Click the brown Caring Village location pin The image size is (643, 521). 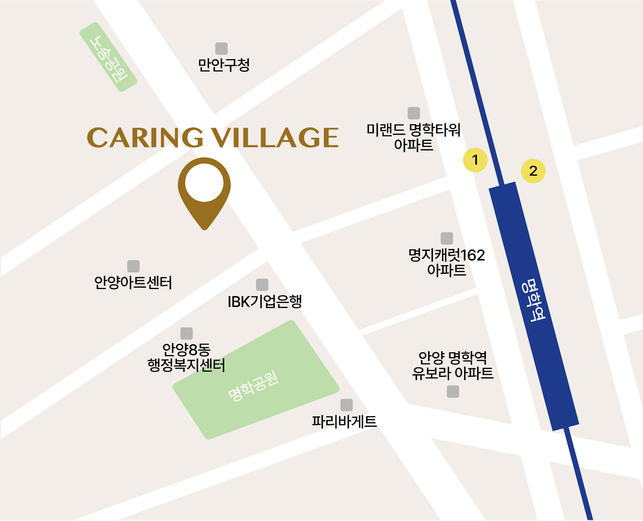(x=204, y=189)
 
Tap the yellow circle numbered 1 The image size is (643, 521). (x=475, y=160)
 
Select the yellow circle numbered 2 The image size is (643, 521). (x=533, y=171)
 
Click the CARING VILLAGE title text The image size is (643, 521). (x=213, y=138)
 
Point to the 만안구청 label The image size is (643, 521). (x=224, y=65)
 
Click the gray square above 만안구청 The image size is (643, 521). (x=221, y=49)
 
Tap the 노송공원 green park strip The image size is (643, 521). (x=108, y=57)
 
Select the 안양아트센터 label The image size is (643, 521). (x=133, y=283)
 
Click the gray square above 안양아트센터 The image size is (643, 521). (x=133, y=266)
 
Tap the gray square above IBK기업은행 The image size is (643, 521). (x=262, y=285)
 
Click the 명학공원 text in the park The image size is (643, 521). (x=253, y=386)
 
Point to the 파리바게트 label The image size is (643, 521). (x=344, y=421)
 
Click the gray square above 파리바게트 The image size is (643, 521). (x=347, y=405)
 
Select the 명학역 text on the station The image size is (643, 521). (x=533, y=300)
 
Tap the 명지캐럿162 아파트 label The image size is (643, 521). (x=447, y=262)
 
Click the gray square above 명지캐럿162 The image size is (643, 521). (x=447, y=238)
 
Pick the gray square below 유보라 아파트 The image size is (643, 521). (x=453, y=392)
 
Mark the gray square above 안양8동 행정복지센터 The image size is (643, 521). (x=186, y=333)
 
